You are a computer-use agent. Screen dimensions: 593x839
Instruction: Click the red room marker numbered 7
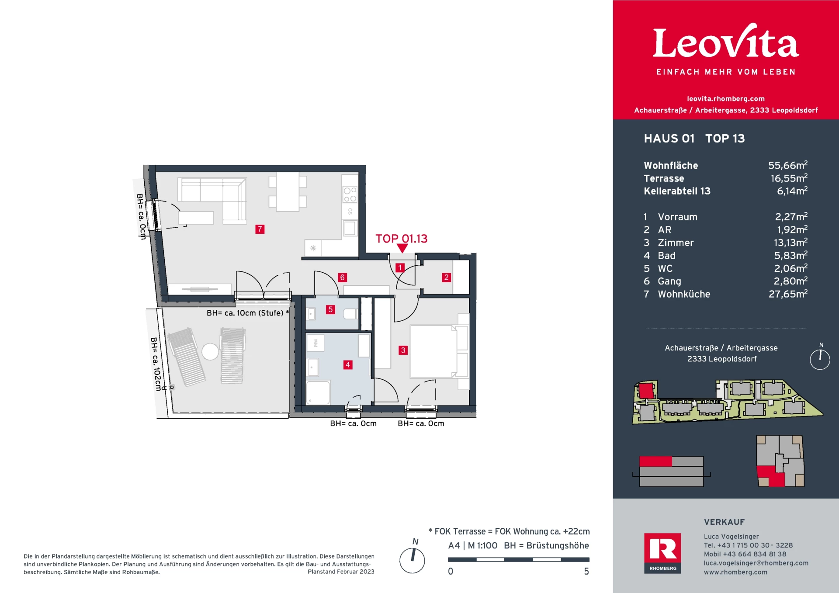260,229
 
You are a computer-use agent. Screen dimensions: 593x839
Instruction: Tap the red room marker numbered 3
403,350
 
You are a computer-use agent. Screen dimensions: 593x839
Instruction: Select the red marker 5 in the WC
330,309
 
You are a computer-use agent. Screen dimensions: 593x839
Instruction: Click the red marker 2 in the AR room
446,277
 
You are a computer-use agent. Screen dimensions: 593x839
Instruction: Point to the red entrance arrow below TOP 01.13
402,248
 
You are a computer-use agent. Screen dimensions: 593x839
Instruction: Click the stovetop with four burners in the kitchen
350,194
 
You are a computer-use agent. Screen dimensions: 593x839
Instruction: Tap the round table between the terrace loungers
210,351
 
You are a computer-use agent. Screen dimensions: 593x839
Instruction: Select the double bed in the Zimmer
433,351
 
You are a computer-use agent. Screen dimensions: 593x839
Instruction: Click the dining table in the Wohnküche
288,192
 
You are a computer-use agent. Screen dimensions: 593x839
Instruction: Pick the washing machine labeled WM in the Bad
315,343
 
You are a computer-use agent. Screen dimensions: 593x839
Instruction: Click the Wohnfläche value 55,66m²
787,166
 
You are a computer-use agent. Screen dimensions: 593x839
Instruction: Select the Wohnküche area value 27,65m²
787,294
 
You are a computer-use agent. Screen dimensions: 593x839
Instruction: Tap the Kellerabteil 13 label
677,191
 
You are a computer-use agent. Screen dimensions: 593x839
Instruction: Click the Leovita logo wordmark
725,43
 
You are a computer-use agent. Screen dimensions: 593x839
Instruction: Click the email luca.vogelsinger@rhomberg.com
756,563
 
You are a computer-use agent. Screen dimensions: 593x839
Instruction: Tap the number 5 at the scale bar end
586,571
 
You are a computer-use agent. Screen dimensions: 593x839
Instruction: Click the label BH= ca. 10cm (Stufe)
245,313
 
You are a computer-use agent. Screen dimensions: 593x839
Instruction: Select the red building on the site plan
646,390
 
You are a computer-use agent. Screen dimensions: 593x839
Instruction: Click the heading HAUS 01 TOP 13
694,139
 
